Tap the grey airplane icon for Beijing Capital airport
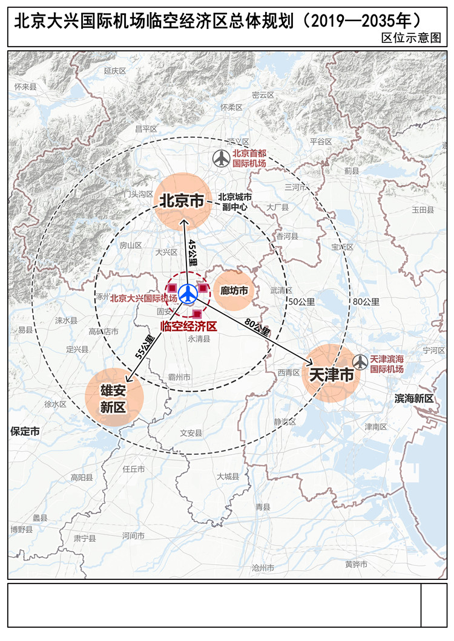222,159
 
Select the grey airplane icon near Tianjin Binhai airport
360,362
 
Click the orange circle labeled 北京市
183,201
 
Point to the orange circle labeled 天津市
331,374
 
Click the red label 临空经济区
188,326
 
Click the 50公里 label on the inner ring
301,302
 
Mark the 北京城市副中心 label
235,201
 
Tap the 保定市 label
25,431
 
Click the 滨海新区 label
414,399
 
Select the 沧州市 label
263,568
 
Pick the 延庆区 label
114,71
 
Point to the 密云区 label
263,95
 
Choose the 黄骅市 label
356,564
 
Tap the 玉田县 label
423,210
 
